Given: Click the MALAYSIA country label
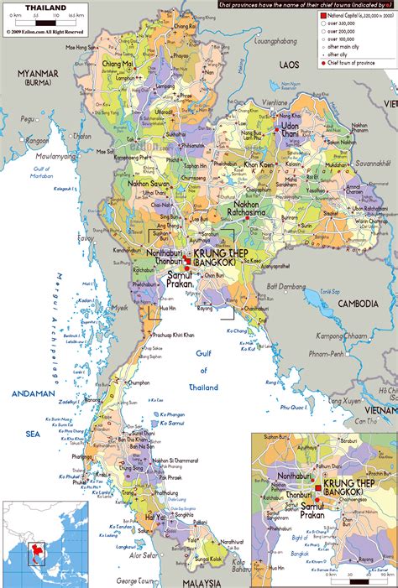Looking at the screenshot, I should (x=202, y=581).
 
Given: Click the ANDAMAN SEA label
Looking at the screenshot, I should (x=31, y=402).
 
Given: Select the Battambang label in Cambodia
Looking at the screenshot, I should (x=286, y=287).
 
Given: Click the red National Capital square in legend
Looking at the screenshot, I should (x=323, y=16).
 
